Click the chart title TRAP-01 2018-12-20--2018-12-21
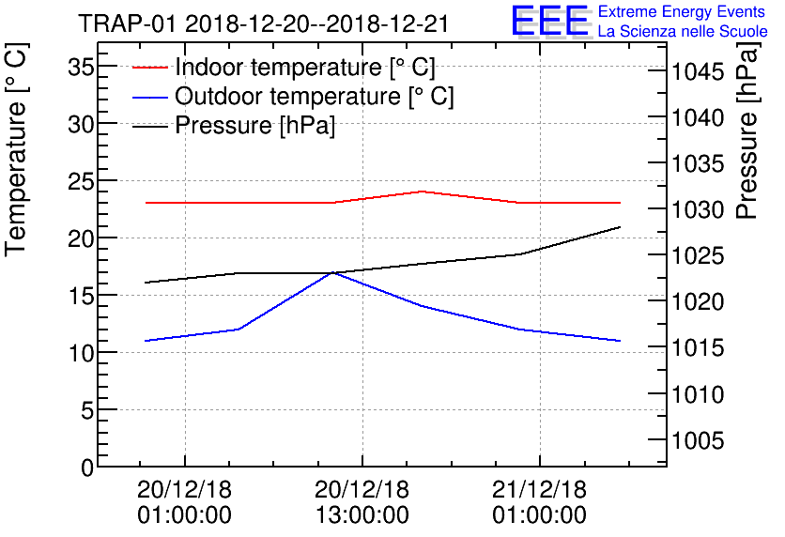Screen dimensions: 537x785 click(263, 23)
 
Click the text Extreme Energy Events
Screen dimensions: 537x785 click(681, 12)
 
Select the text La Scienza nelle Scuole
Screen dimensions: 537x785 click(683, 32)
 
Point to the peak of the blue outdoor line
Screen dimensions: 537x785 click(332, 272)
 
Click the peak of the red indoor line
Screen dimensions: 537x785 click(422, 192)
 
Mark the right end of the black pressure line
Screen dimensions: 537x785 click(620, 227)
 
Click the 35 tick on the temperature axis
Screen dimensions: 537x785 click(83, 67)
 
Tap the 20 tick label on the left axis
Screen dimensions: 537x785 click(83, 238)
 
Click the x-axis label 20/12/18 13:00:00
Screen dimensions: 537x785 click(362, 502)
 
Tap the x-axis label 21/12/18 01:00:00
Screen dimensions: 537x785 click(540, 502)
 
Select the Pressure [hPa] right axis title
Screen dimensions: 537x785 click(748, 151)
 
